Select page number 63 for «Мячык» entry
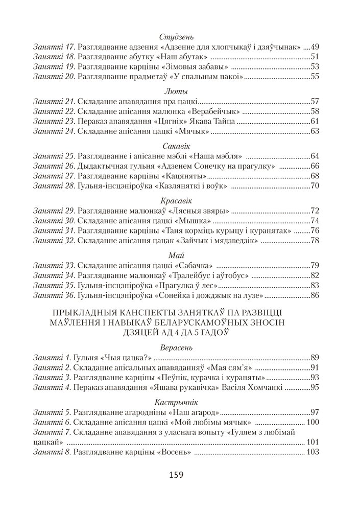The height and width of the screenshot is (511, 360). [x=315, y=132]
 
